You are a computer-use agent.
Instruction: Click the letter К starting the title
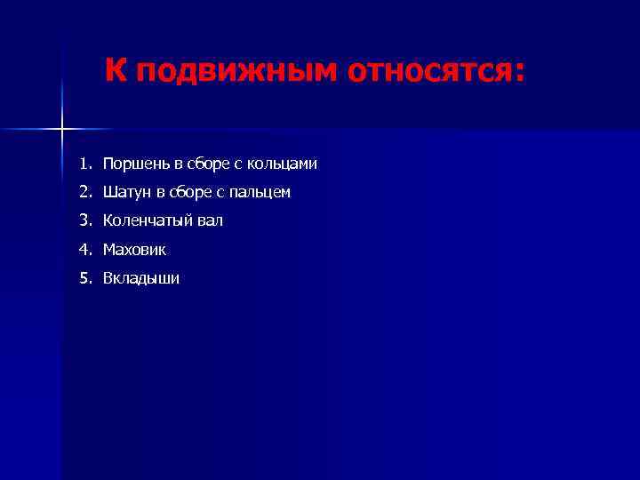tap(116, 69)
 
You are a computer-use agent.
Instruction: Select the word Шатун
tap(124, 192)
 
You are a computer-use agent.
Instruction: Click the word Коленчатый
tap(146, 220)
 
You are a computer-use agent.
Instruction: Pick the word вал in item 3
tap(210, 220)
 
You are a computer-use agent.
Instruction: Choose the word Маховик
tap(134, 250)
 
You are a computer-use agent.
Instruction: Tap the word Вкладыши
tap(140, 278)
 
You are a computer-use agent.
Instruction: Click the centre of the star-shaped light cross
tap(62, 130)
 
